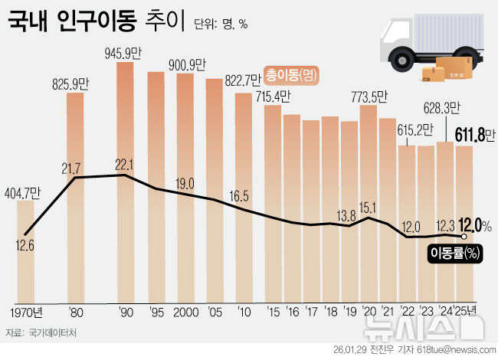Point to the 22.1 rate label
(125, 165)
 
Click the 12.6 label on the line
(25, 245)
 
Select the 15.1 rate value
(369, 207)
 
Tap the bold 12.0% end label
(474, 225)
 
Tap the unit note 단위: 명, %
(223, 24)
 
